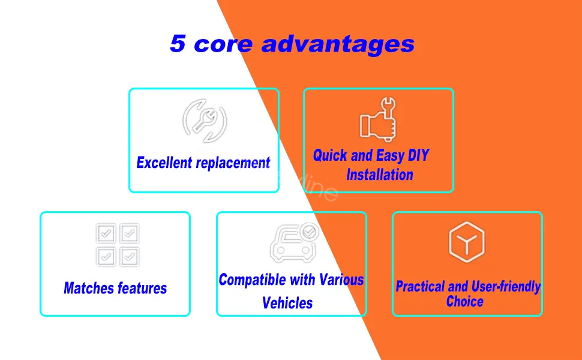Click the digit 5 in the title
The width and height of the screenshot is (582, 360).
coord(178,43)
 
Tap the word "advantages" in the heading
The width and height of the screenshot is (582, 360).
coord(338,44)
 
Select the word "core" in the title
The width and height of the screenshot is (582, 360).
coord(223,44)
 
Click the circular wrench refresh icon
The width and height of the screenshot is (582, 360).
coord(205,121)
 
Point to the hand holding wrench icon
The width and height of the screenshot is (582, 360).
coord(378,119)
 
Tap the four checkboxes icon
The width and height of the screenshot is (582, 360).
coord(118,245)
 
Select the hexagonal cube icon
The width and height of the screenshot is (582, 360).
coord(467,242)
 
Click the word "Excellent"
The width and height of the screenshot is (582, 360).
coord(163,163)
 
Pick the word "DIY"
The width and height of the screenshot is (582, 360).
coord(418,155)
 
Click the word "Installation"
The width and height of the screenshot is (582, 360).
coord(380,175)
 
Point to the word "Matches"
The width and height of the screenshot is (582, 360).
coord(88,288)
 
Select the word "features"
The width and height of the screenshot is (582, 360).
coord(142,288)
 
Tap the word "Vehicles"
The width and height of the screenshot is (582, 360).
coord(287,303)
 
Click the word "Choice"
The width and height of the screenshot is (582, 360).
coord(465,301)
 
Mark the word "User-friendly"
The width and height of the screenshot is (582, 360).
coord(507,287)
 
